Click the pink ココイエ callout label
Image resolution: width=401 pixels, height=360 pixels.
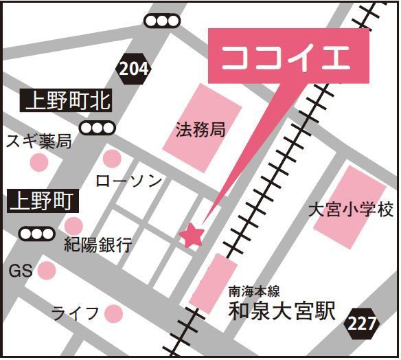pyautogui.click(x=290, y=57)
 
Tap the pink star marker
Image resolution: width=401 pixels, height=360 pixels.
pyautogui.click(x=192, y=236)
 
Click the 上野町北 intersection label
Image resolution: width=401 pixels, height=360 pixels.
pyautogui.click(x=67, y=102)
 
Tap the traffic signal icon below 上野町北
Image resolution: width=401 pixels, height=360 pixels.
pyautogui.click(x=97, y=128)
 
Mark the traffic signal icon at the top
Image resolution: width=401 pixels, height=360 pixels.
pyautogui.click(x=162, y=22)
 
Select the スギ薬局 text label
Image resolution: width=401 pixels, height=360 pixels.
pyautogui.click(x=39, y=142)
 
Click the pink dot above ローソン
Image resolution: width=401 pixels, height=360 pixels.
pyautogui.click(x=112, y=159)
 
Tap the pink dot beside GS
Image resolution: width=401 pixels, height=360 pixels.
pyautogui.click(x=47, y=271)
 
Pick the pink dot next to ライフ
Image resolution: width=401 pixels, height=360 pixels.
pyautogui.click(x=113, y=314)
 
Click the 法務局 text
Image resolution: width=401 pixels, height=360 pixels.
pyautogui.click(x=200, y=130)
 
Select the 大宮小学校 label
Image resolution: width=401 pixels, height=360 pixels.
pyautogui.click(x=350, y=209)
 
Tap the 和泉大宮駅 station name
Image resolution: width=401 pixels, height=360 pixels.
pyautogui.click(x=282, y=312)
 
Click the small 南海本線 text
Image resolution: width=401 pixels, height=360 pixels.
pyautogui.click(x=254, y=293)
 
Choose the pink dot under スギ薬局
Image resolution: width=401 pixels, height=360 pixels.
pyautogui.click(x=39, y=163)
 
